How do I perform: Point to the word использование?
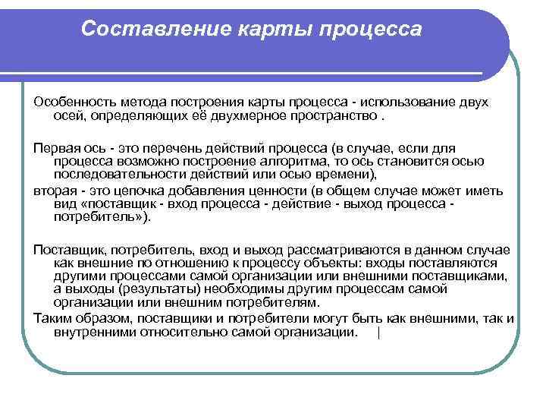[407, 102]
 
